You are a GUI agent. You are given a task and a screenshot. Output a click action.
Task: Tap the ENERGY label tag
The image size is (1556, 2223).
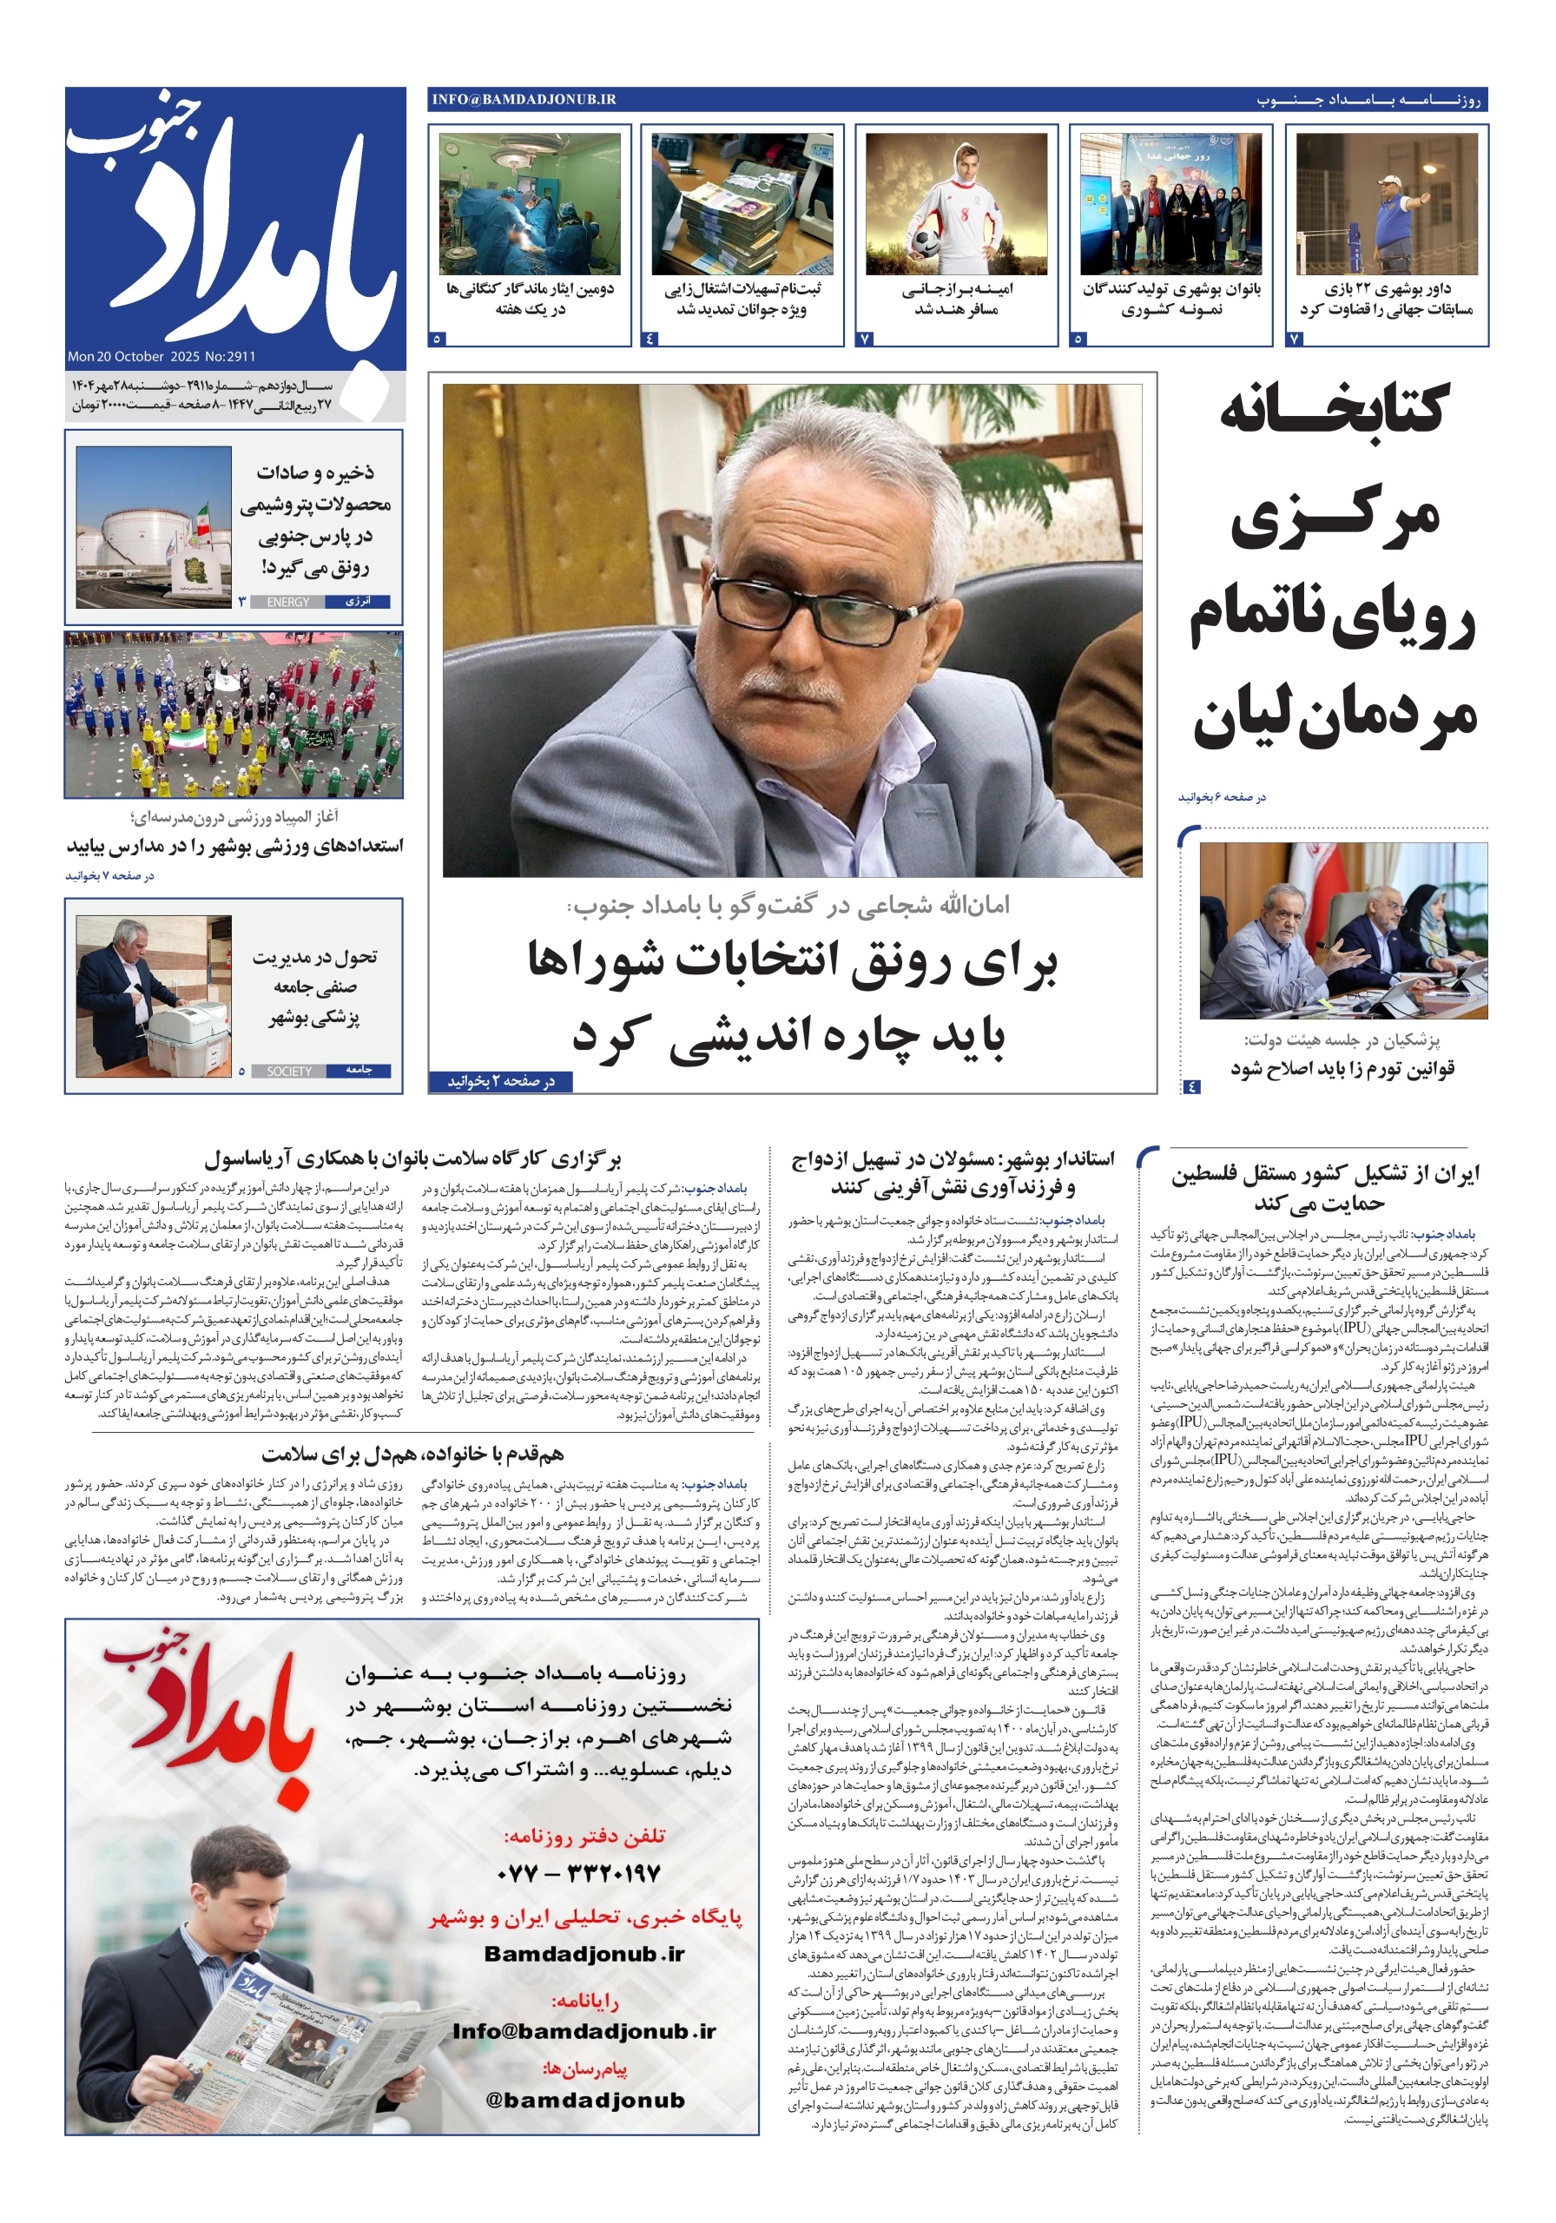coord(287,603)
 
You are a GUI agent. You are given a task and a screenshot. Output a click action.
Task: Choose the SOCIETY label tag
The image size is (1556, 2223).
coord(288,1071)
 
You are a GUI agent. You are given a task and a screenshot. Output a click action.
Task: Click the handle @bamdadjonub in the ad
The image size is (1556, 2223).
coord(585,2100)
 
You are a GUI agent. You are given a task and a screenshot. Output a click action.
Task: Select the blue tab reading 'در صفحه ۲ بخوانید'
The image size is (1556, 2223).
coord(501,1081)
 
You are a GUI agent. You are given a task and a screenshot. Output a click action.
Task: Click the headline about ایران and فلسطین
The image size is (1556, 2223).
coord(1323,1188)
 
